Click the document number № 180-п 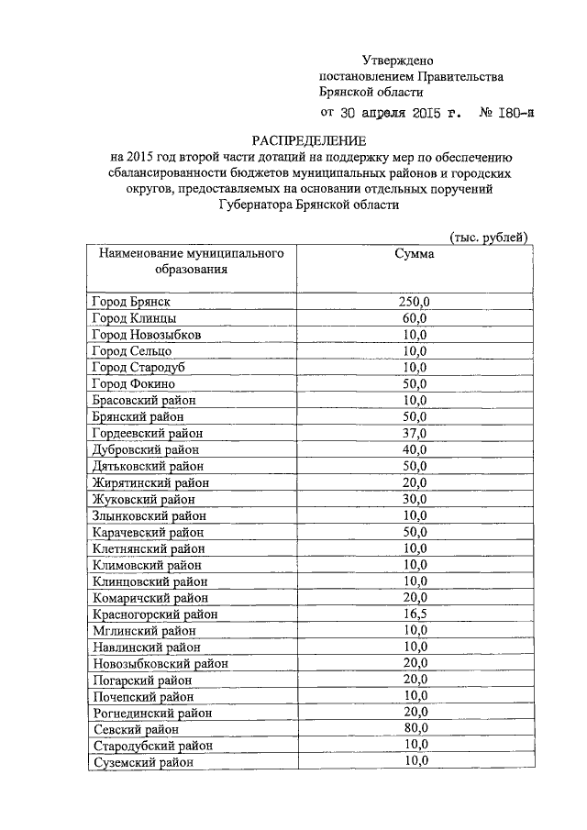[505, 113]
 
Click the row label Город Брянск [132, 301]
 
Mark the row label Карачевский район [149, 532]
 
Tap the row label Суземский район [143, 762]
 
